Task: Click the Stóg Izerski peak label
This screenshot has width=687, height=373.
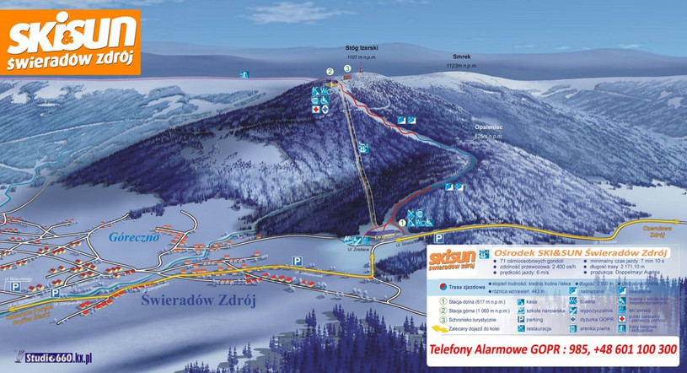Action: pos(362,49)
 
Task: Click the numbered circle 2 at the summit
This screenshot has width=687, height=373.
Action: pos(330,73)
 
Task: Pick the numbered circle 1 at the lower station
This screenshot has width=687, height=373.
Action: pos(402,223)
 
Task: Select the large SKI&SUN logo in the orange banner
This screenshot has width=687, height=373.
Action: pos(72,36)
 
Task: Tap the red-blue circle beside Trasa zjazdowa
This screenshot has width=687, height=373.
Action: pos(442,288)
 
